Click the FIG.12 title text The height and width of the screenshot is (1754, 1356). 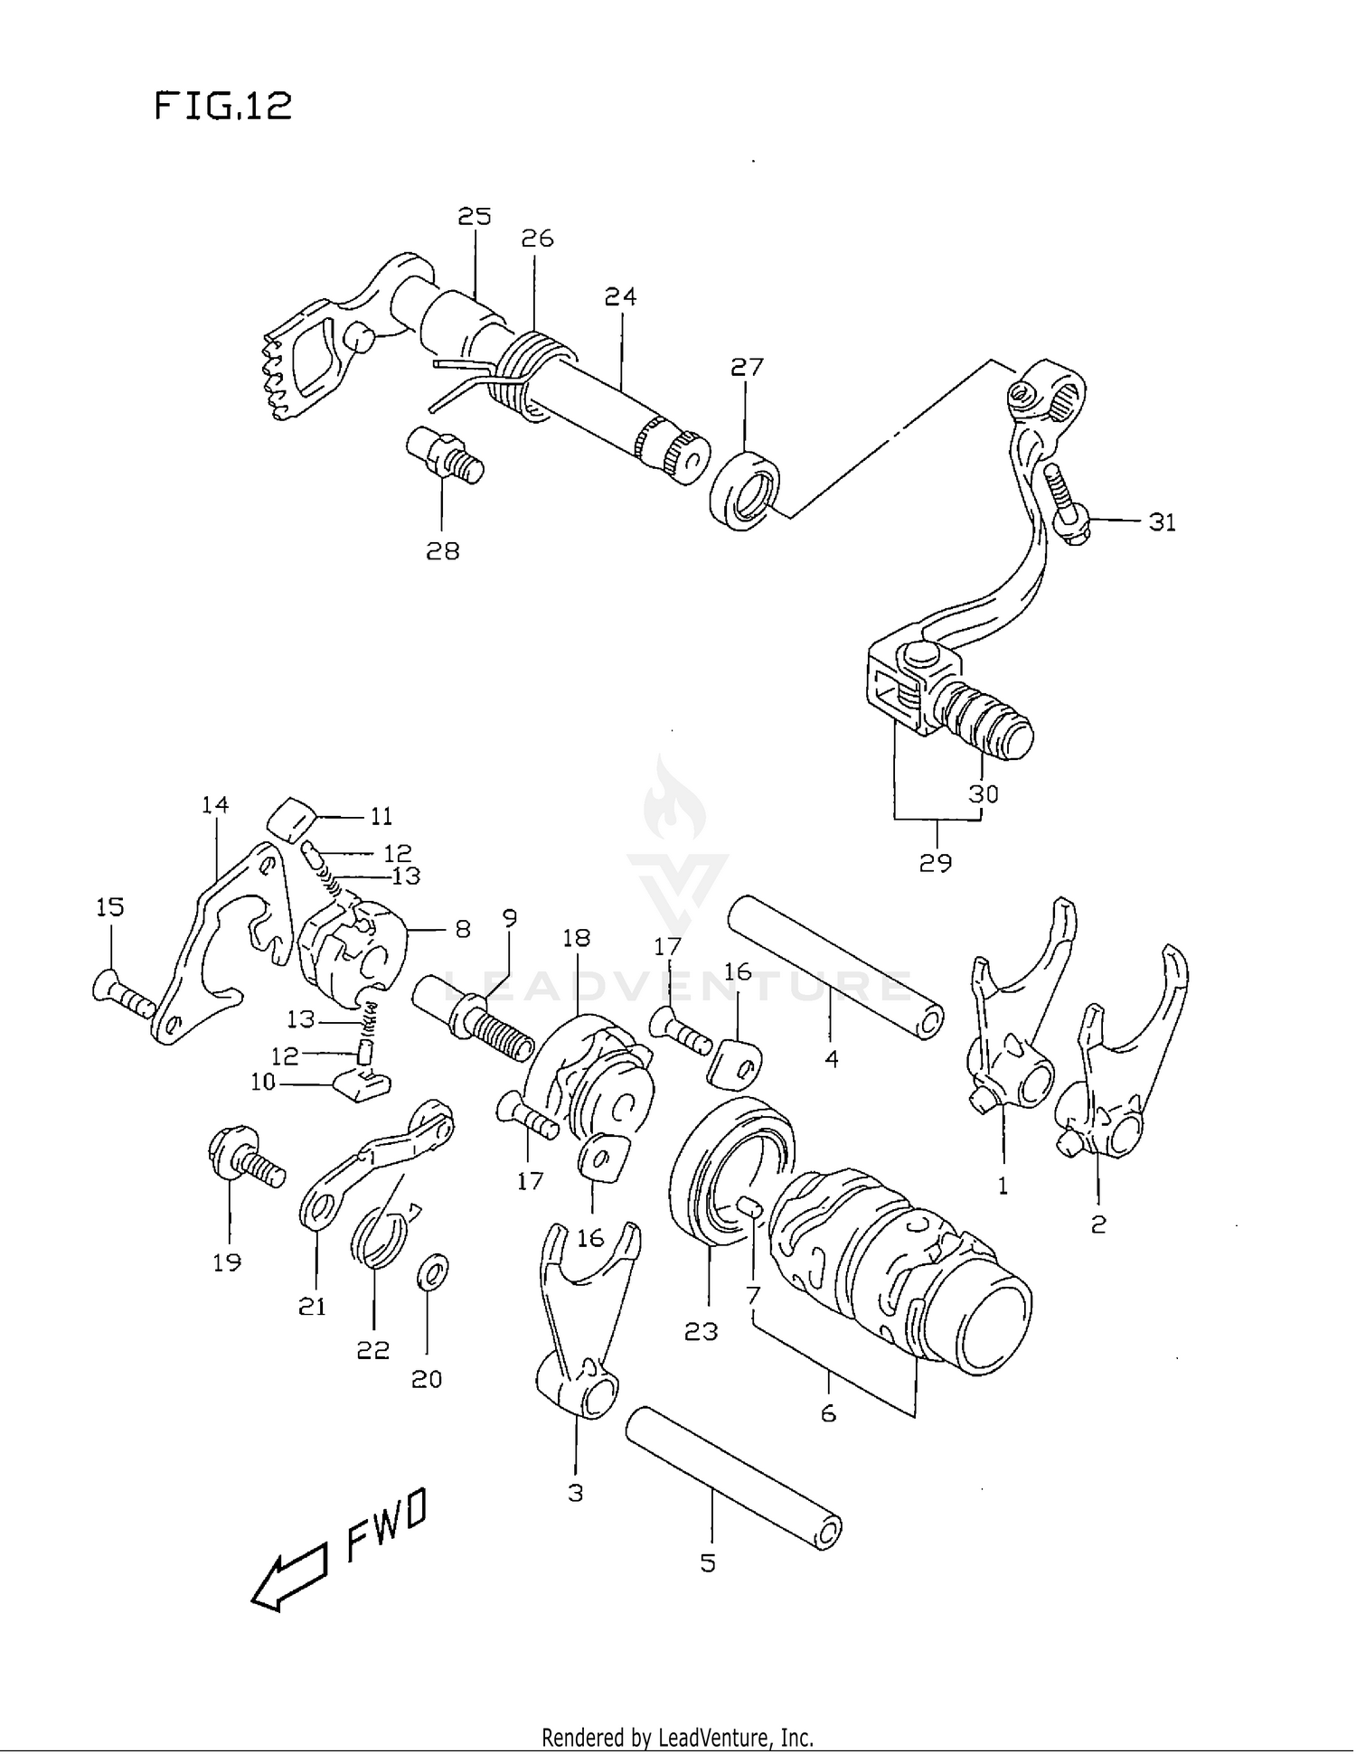[x=222, y=107]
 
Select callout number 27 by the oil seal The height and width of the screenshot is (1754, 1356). [x=747, y=367]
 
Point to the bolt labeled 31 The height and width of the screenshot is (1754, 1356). [x=1069, y=502]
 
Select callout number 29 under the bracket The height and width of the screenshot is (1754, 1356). [x=935, y=863]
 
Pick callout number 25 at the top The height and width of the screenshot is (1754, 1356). [x=474, y=216]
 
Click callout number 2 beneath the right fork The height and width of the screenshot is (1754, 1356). [x=1098, y=1224]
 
